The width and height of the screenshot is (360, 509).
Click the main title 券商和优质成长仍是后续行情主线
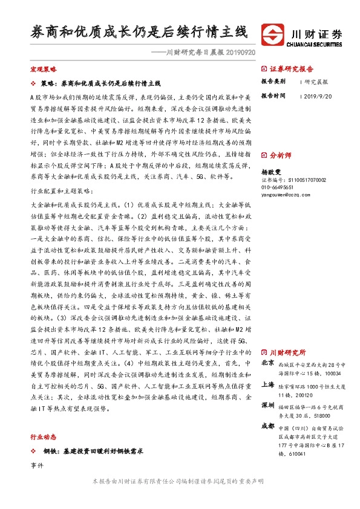[x=139, y=31]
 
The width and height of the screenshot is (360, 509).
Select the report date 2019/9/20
[x=318, y=96]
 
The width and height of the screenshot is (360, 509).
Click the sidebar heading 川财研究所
[x=287, y=352]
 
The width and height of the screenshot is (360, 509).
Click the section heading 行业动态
[x=43, y=436]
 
